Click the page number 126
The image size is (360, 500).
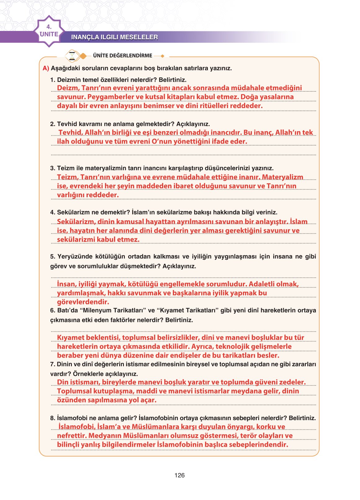pyautogui.click(x=179, y=475)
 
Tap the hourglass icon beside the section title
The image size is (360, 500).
pyautogui.click(x=72, y=56)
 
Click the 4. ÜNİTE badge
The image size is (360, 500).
pyautogui.click(x=49, y=31)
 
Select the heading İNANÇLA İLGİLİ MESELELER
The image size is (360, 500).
pyautogui.click(x=114, y=37)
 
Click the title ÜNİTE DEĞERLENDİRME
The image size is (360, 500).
pyautogui.click(x=122, y=56)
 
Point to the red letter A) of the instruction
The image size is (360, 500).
pyautogui.click(x=46, y=68)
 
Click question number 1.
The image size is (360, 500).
pyautogui.click(x=53, y=80)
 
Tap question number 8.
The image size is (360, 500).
pyautogui.click(x=53, y=418)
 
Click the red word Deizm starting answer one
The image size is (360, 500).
pyautogui.click(x=68, y=88)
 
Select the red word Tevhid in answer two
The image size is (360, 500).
pyautogui.click(x=71, y=133)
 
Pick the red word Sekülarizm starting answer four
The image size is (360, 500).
pyautogui.click(x=76, y=222)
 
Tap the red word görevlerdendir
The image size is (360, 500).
pyautogui.click(x=83, y=302)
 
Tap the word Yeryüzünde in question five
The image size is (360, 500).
pyautogui.click(x=73, y=257)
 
